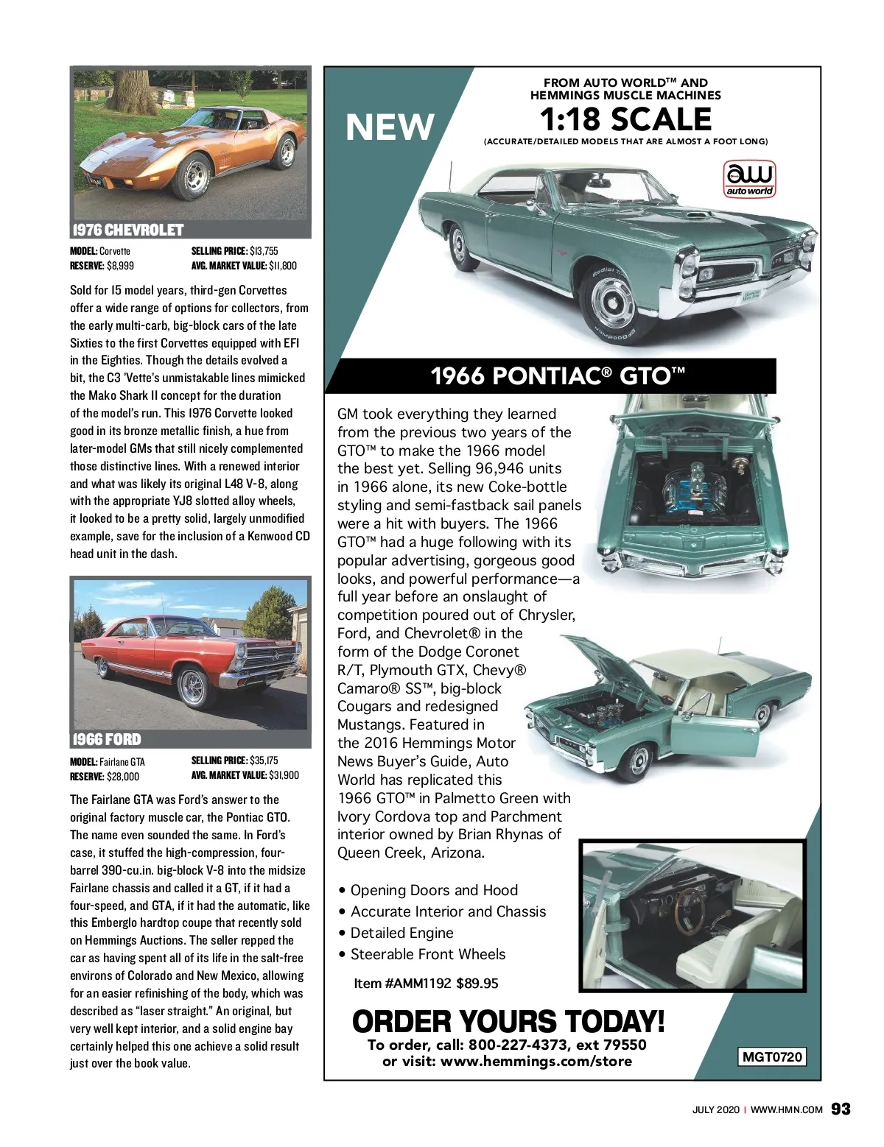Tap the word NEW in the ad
(390, 127)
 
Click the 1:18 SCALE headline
(625, 119)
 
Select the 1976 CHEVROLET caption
(127, 230)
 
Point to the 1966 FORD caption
(107, 739)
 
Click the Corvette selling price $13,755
(264, 251)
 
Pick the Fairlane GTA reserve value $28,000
(123, 776)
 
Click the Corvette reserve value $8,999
(121, 266)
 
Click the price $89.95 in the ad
(477, 983)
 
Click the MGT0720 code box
(771, 1057)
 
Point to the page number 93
(841, 1109)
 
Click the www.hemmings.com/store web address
(536, 1061)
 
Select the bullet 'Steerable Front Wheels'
(428, 954)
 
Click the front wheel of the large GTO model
(612, 303)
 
